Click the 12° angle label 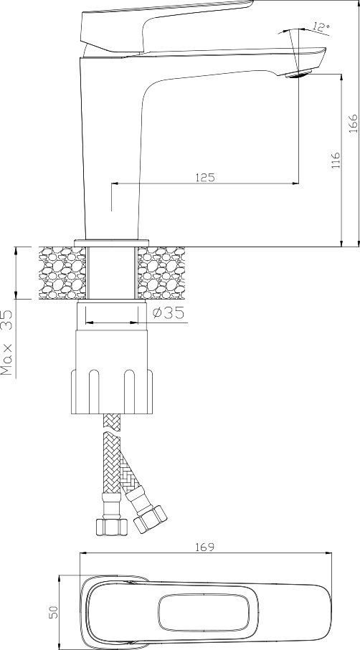[x=321, y=28]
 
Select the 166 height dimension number [x=353, y=123]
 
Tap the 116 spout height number [x=336, y=160]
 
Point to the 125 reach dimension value [x=205, y=178]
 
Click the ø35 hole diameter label [x=168, y=313]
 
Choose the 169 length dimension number [x=204, y=548]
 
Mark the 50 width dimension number [x=54, y=612]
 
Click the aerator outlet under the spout [x=298, y=75]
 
